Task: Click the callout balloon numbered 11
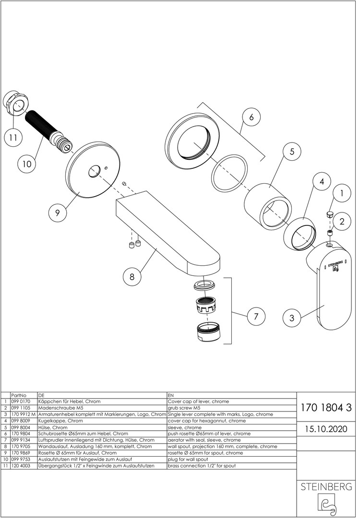13,138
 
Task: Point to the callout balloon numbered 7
256,316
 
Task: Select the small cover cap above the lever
330,214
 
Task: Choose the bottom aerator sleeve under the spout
210,332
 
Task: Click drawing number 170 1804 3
326,408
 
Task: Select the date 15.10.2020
326,428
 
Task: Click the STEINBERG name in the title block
326,487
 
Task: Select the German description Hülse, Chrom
52,427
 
